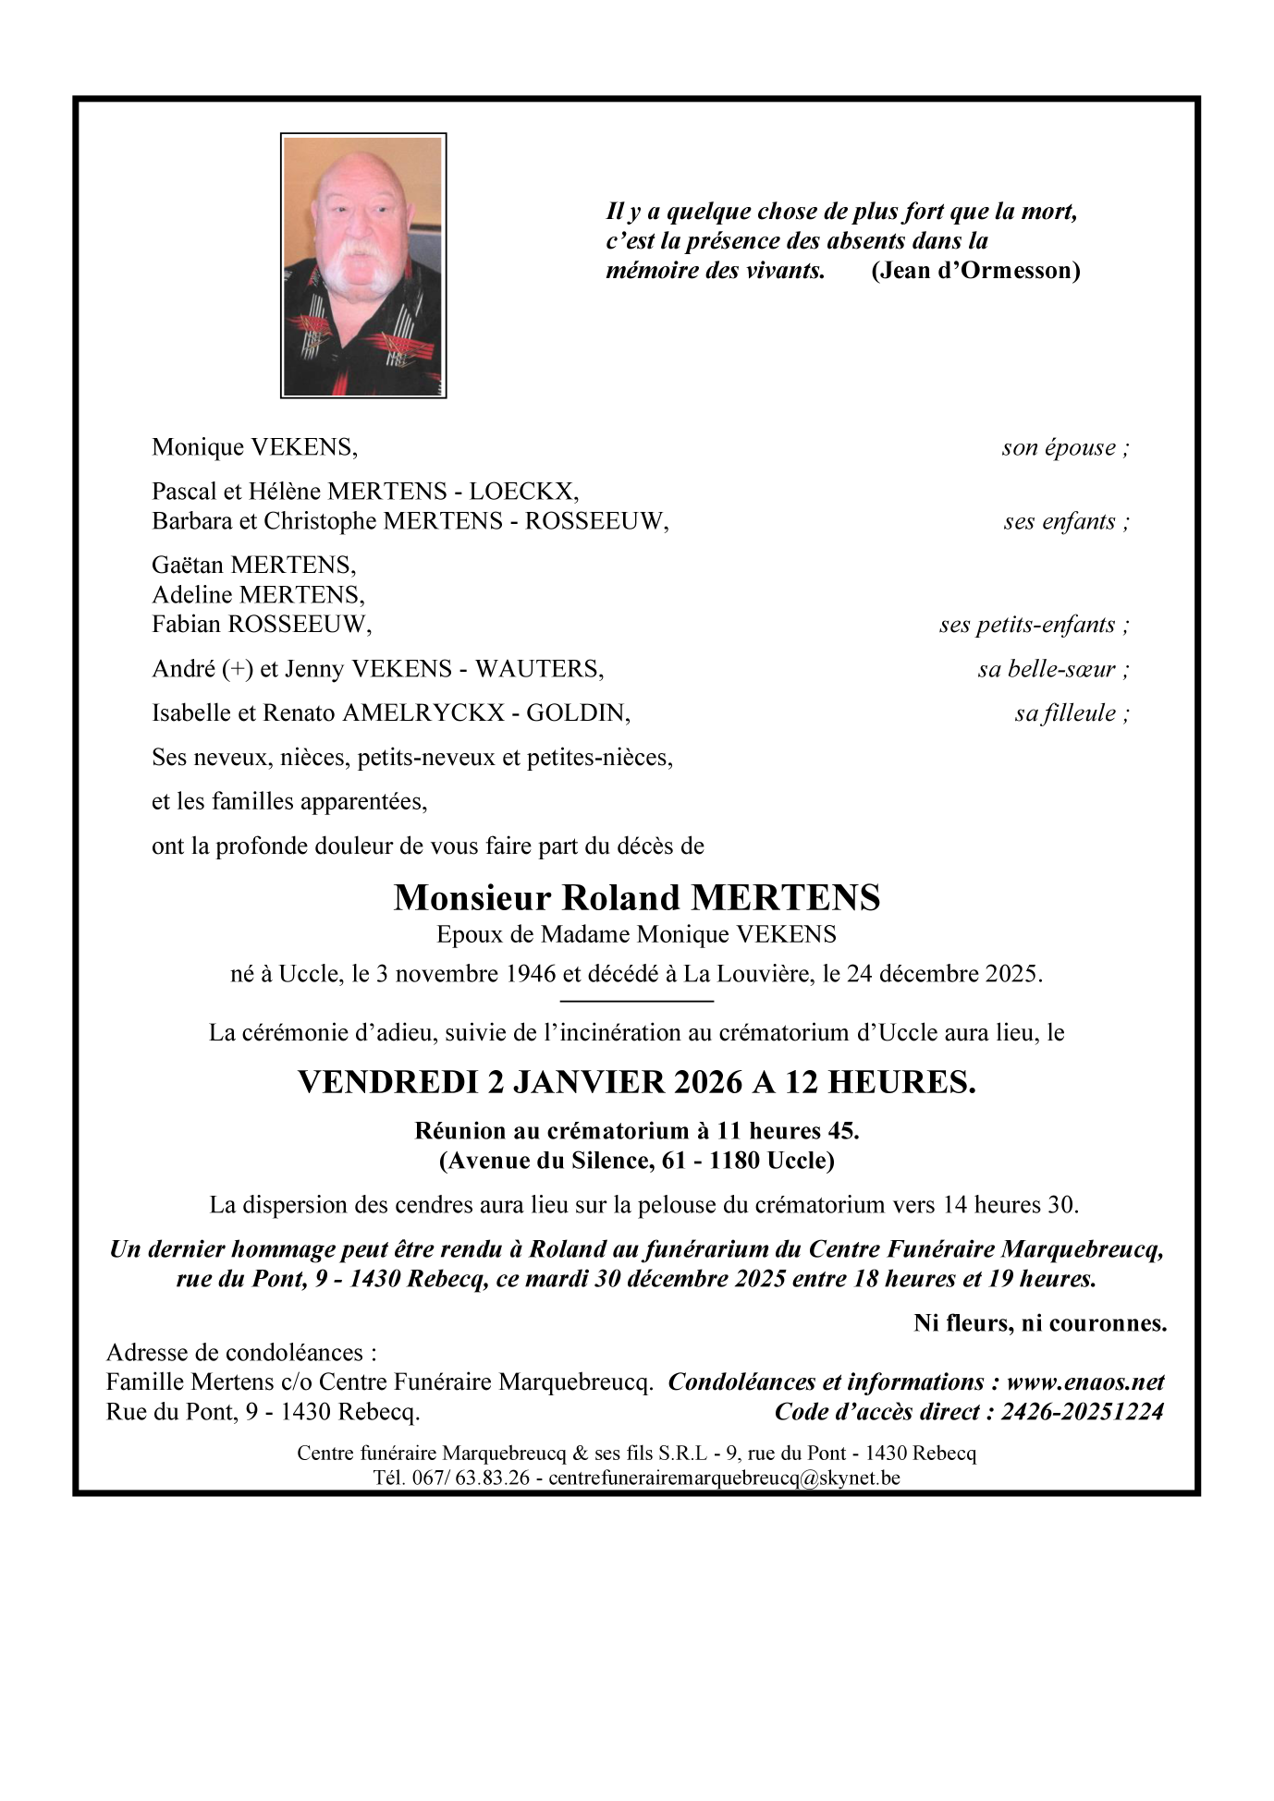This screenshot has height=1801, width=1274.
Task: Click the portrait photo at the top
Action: tap(363, 266)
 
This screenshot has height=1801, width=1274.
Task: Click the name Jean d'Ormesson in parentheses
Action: tap(975, 270)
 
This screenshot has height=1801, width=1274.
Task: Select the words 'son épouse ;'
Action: tap(1065, 448)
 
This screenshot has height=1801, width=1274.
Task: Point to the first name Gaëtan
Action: tap(188, 565)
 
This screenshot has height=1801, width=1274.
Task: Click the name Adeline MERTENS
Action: tap(258, 594)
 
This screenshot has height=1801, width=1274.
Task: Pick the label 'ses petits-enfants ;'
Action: tap(1034, 625)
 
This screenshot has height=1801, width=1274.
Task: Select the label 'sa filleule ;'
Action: tap(1072, 713)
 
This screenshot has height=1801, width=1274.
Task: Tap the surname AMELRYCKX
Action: tap(423, 713)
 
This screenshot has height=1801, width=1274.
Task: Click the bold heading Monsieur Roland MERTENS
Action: tap(637, 897)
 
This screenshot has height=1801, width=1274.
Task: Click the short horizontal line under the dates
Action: tap(637, 1001)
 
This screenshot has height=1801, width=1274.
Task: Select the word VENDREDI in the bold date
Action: tap(387, 1082)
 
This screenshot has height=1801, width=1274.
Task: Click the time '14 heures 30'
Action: tap(1010, 1205)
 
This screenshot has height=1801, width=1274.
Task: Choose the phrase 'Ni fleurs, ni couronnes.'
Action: tap(1040, 1323)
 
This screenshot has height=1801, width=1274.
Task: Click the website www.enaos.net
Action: tap(1084, 1382)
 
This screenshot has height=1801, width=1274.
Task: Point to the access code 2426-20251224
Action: tap(1082, 1412)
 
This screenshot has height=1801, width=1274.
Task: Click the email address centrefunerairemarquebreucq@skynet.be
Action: tap(724, 1478)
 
